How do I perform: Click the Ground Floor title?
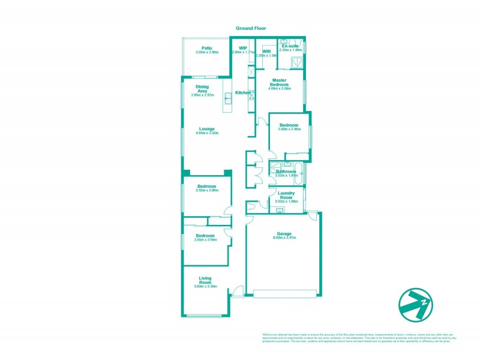[x=251, y=28]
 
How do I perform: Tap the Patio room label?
[x=207, y=48]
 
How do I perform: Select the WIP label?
[x=243, y=48]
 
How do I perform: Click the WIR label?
[x=267, y=52]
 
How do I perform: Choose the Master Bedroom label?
[x=280, y=82]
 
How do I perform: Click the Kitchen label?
[x=242, y=92]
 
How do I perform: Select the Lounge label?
[x=207, y=128]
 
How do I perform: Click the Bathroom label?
[x=286, y=171]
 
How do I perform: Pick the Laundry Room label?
[x=286, y=195]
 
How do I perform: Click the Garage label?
[x=284, y=233]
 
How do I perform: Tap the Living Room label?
[x=205, y=280]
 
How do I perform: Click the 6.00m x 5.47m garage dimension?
[x=284, y=238]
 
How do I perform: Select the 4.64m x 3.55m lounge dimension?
[x=207, y=133]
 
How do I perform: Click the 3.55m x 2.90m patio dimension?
[x=207, y=53]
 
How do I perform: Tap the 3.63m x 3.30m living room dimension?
[x=205, y=287]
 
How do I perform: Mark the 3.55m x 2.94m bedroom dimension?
[x=205, y=240]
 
